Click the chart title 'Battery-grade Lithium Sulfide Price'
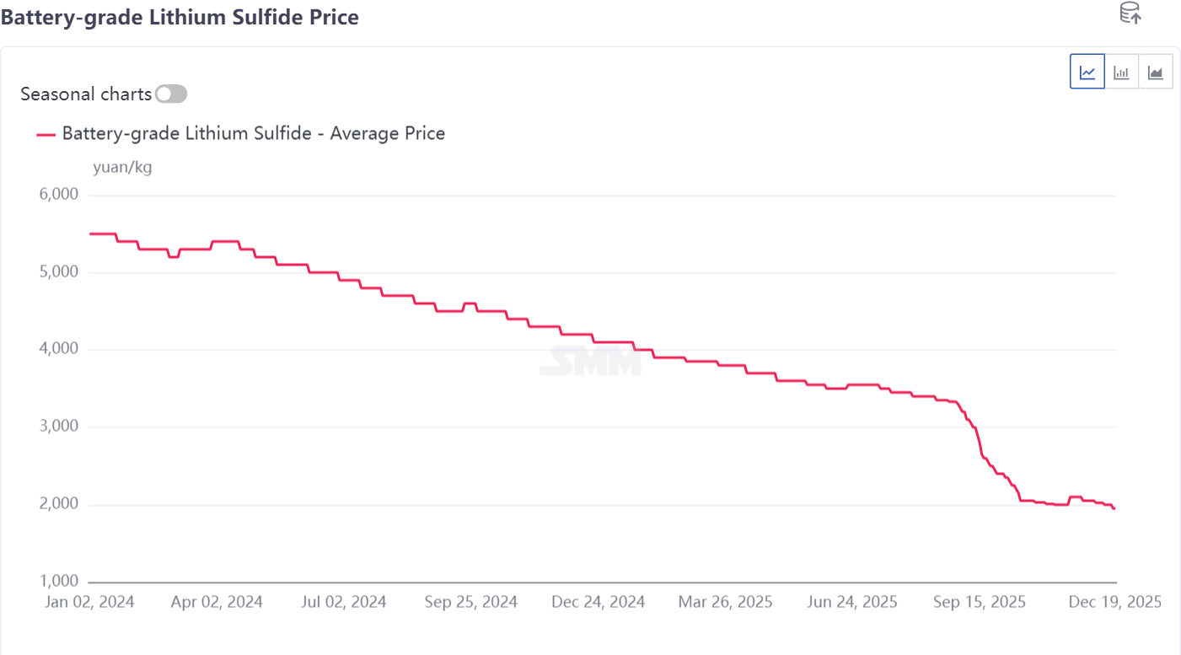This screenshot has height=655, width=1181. point(180,17)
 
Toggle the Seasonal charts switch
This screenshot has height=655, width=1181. point(171,94)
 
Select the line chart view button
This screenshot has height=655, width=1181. point(1087,72)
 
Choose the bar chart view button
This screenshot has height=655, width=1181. point(1121,72)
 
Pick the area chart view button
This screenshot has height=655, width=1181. point(1155,72)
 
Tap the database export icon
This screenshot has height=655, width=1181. point(1130,13)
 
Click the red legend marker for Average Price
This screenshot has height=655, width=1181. point(46,133)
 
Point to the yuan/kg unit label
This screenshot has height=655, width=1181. point(122,167)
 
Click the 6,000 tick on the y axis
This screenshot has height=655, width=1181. point(59,195)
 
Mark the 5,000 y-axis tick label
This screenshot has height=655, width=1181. point(59,272)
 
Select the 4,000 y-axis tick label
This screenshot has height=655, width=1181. point(59,349)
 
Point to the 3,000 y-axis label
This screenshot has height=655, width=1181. point(59,427)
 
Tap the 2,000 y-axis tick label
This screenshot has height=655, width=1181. point(59,504)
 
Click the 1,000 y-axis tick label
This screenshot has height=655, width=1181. point(59,582)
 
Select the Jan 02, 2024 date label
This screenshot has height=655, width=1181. point(89,602)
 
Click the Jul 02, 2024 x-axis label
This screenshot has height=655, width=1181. point(343,602)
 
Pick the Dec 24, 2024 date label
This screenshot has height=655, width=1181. point(598,602)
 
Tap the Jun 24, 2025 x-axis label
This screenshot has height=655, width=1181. point(852,602)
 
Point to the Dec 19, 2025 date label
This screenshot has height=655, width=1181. point(1114,602)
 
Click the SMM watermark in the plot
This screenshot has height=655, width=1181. point(590,362)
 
